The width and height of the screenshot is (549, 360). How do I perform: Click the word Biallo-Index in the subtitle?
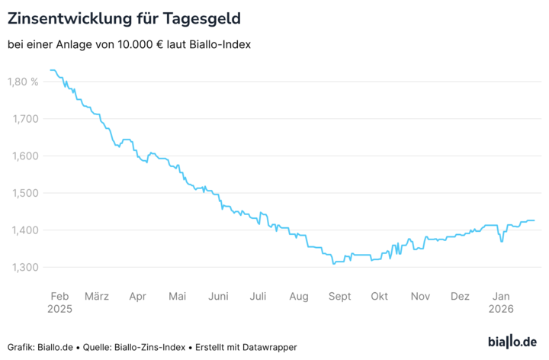[x=221, y=44]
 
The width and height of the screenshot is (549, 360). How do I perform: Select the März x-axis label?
[x=97, y=296]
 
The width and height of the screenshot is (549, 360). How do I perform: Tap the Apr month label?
[x=138, y=296]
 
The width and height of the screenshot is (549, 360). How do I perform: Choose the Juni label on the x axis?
[x=218, y=296]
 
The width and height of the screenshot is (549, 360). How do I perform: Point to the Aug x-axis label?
[x=299, y=296]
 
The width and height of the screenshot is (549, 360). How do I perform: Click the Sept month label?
[x=339, y=296]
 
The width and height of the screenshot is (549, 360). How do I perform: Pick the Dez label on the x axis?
[x=460, y=296]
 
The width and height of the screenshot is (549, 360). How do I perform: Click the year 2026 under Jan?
[x=501, y=310]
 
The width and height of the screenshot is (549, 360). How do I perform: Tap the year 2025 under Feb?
[x=59, y=310]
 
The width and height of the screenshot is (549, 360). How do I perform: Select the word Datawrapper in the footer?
[x=268, y=347]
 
